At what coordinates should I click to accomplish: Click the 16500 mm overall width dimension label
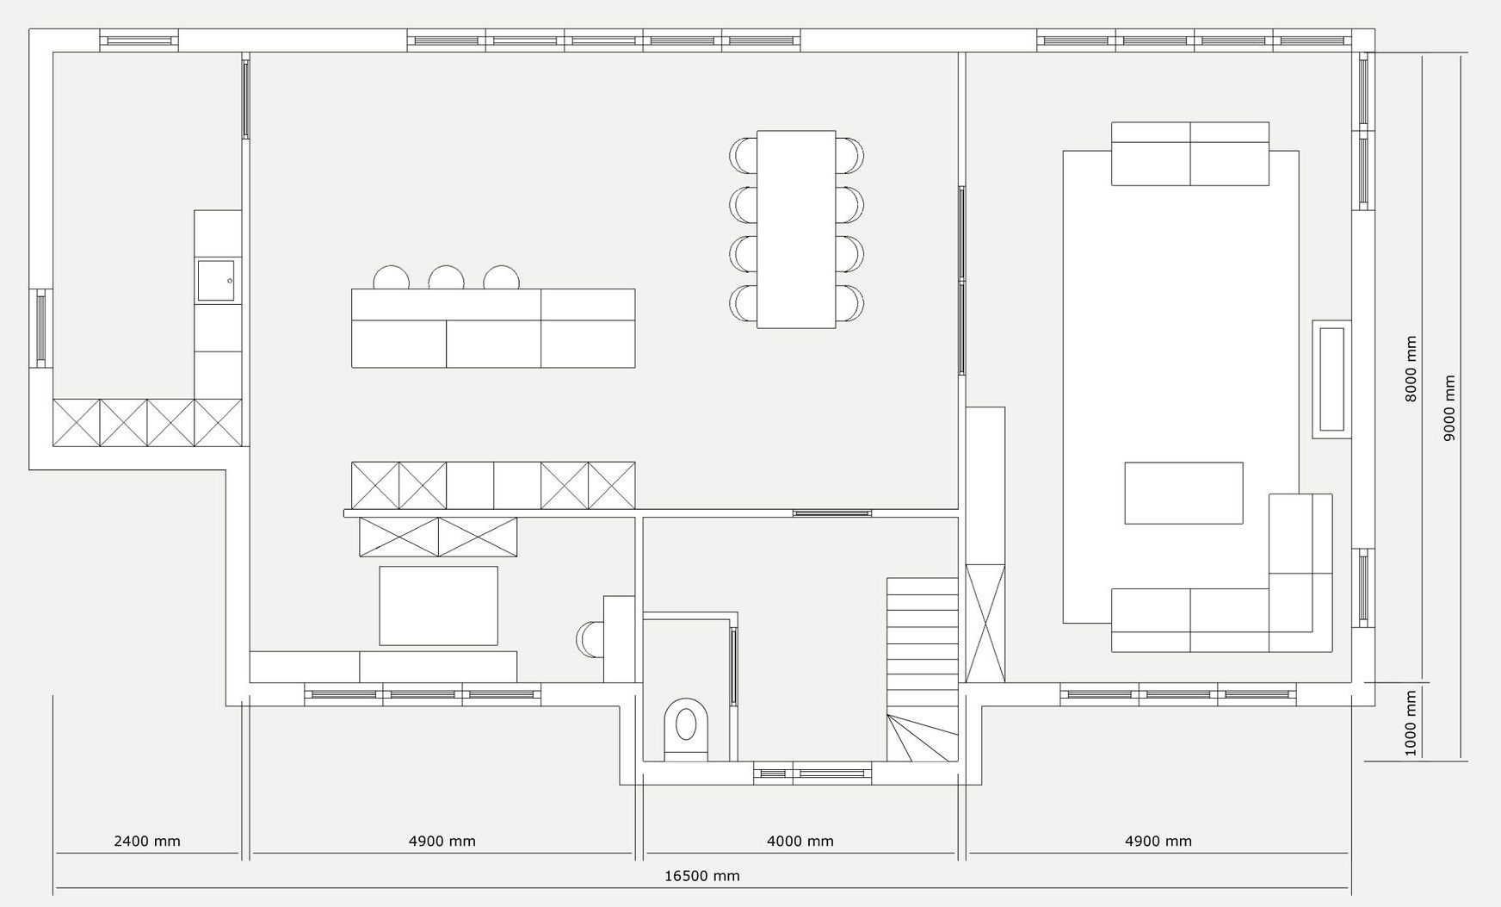(x=701, y=876)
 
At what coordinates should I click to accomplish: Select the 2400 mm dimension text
(x=147, y=841)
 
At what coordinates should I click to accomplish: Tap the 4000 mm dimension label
(x=800, y=841)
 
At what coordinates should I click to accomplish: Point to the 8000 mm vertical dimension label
(x=1411, y=369)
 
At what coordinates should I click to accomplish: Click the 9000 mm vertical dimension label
(x=1449, y=408)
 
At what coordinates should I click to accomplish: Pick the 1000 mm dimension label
(x=1411, y=723)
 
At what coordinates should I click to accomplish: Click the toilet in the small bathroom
(x=686, y=730)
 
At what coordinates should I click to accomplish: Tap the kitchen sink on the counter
(x=216, y=281)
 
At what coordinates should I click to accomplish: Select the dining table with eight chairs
(x=796, y=229)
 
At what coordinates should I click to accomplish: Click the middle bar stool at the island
(x=447, y=277)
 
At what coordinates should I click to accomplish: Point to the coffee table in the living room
(x=1183, y=493)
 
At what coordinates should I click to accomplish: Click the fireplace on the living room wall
(x=1331, y=379)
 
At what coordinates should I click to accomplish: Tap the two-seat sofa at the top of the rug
(x=1190, y=153)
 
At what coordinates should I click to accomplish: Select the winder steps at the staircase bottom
(x=923, y=737)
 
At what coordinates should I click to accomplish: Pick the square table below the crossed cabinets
(x=439, y=606)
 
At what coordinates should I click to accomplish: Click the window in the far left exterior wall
(x=40, y=328)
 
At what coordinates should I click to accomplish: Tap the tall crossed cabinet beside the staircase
(x=985, y=624)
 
